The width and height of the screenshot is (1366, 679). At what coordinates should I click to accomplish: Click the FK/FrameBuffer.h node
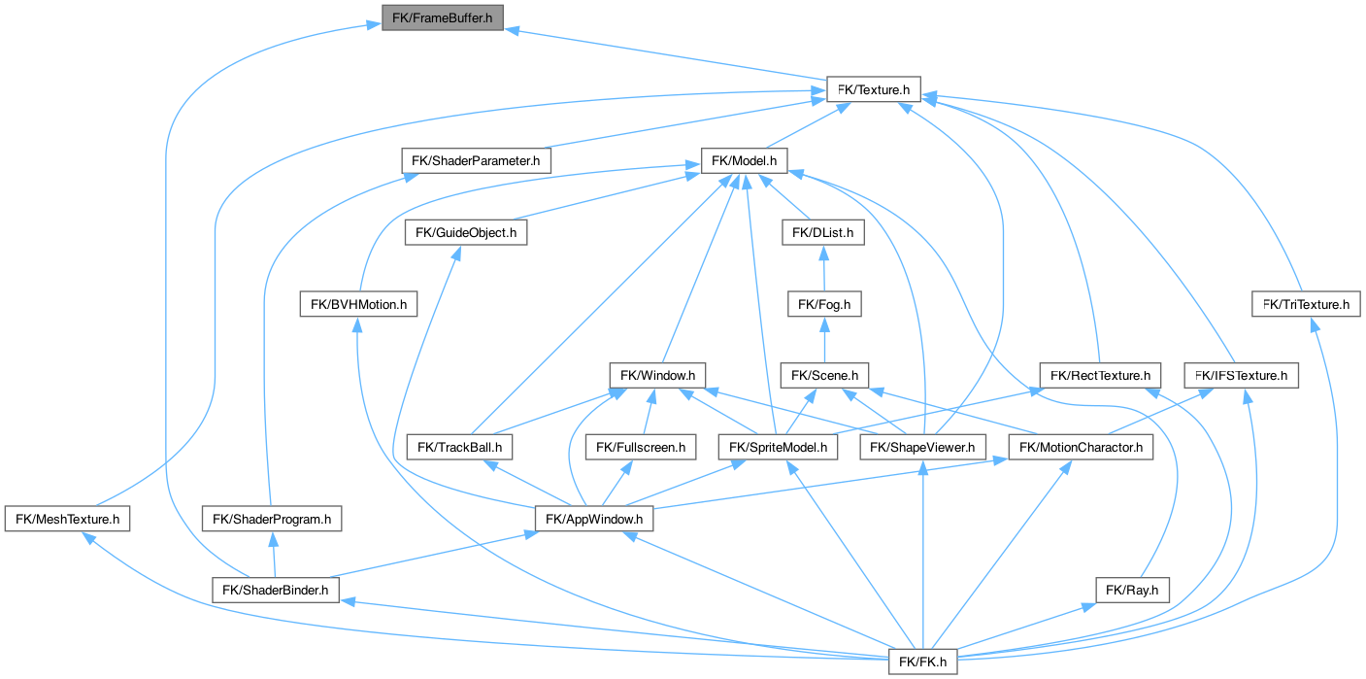click(x=443, y=17)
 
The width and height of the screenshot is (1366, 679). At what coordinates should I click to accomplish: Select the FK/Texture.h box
click(x=873, y=89)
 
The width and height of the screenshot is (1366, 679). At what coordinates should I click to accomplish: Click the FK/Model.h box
click(x=745, y=160)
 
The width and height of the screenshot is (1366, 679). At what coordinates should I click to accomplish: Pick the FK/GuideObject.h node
click(x=466, y=232)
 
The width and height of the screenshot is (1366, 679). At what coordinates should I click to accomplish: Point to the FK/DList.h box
click(x=823, y=232)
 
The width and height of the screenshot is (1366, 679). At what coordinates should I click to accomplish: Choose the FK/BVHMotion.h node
click(x=358, y=304)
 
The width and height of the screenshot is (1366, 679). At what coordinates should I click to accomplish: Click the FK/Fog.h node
click(x=823, y=304)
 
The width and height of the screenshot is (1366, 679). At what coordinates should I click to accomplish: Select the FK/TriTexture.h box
click(x=1306, y=304)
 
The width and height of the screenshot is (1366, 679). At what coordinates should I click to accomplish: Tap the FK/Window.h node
click(x=657, y=375)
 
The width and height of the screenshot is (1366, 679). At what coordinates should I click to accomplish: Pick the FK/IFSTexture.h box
click(x=1242, y=375)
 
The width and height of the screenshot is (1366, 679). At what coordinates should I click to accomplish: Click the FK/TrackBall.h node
click(x=459, y=447)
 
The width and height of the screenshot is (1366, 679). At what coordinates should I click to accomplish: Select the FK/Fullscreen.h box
click(x=641, y=447)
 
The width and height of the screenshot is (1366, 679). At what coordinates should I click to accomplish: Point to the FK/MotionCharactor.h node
click(x=1081, y=447)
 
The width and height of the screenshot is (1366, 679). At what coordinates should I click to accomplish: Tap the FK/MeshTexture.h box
click(x=67, y=519)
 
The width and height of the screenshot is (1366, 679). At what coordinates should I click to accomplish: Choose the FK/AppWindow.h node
click(x=594, y=519)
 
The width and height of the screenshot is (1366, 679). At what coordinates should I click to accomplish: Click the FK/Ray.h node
click(x=1133, y=590)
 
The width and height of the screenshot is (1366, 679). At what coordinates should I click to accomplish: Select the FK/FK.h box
click(x=922, y=662)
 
